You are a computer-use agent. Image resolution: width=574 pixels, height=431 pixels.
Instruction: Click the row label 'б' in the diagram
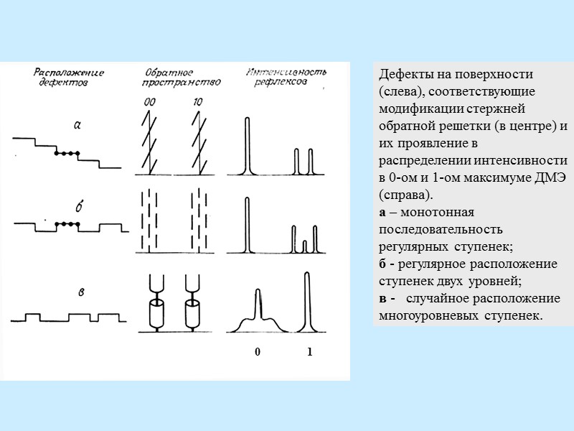coord(79,207)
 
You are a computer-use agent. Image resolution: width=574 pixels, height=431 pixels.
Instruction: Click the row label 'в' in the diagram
coord(83,291)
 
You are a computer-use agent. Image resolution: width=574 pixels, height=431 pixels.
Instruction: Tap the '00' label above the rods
coord(149,103)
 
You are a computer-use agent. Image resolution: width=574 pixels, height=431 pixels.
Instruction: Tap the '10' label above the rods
coord(197,103)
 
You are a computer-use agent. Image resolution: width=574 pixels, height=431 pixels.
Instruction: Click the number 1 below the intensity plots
coord(309,353)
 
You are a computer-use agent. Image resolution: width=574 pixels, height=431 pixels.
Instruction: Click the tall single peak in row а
coord(248,144)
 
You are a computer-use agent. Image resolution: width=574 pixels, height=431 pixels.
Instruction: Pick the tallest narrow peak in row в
coord(307,302)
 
